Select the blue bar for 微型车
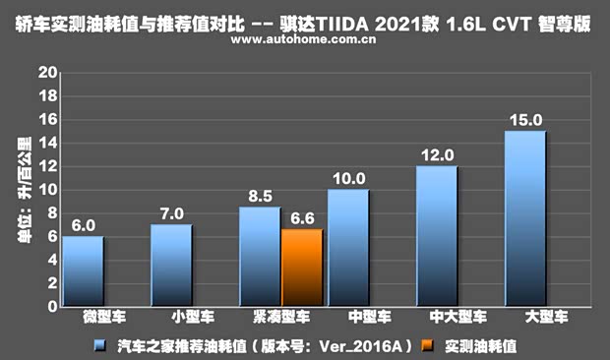point(83,271)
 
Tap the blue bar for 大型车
point(524,218)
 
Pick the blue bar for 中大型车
point(436,236)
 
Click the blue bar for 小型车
point(170,266)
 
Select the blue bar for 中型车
point(347,248)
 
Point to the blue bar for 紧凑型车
point(260,257)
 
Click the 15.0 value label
point(524,120)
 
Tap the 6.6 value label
point(302,218)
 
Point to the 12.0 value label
point(436,155)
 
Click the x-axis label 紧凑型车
point(280,319)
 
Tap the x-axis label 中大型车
point(457,319)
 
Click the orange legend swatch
point(426,346)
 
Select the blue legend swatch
point(99,346)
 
